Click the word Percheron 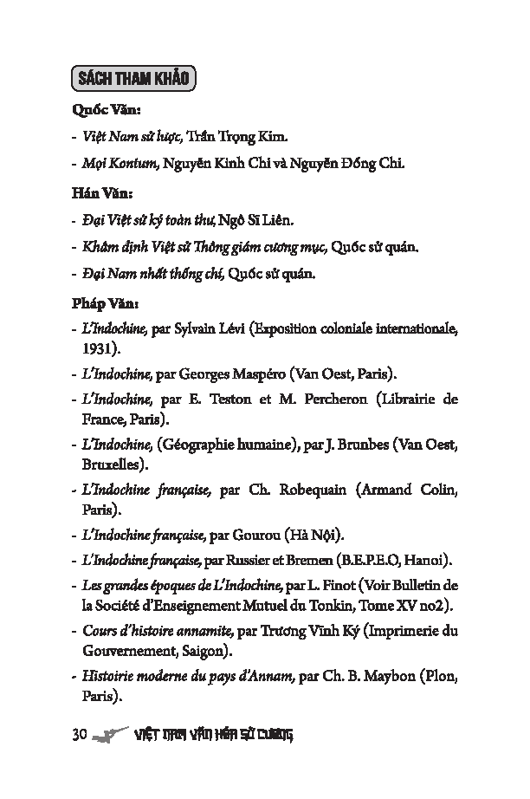[336, 400]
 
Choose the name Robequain [313, 490]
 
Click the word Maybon [391, 676]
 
